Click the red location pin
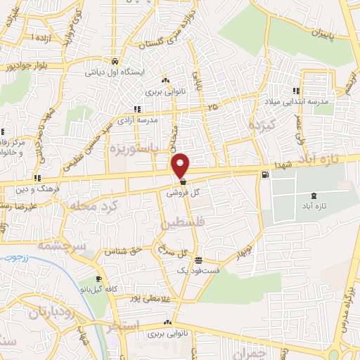(x=181, y=165)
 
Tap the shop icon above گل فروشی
(x=183, y=181)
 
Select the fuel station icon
(x=264, y=175)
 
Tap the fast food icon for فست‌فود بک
(x=198, y=258)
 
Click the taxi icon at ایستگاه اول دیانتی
(x=115, y=60)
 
